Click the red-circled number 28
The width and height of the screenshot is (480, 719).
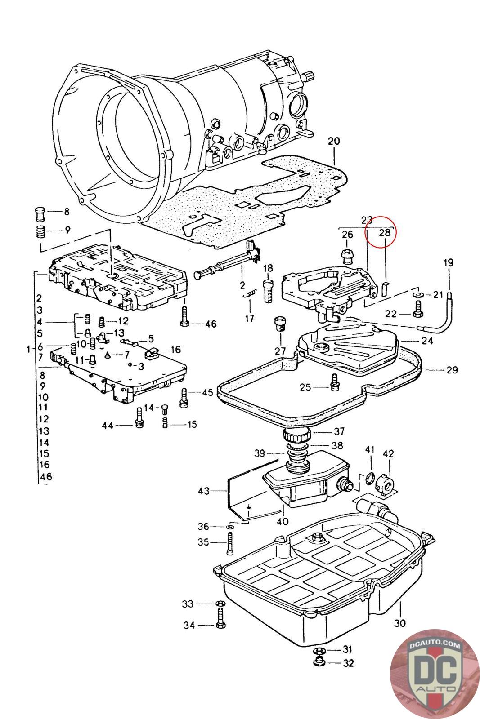coord(385,233)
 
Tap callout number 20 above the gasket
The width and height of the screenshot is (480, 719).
coord(333,141)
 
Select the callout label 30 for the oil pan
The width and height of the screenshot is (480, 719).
coord(399,623)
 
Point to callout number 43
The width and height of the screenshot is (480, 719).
coord(204,491)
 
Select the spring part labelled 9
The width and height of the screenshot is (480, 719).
coord(40,232)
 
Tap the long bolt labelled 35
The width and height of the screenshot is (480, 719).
coord(230,542)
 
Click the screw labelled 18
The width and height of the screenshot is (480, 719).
coord(269,291)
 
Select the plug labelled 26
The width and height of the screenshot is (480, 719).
coord(347,257)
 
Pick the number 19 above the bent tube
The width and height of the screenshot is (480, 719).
coord(449,263)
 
